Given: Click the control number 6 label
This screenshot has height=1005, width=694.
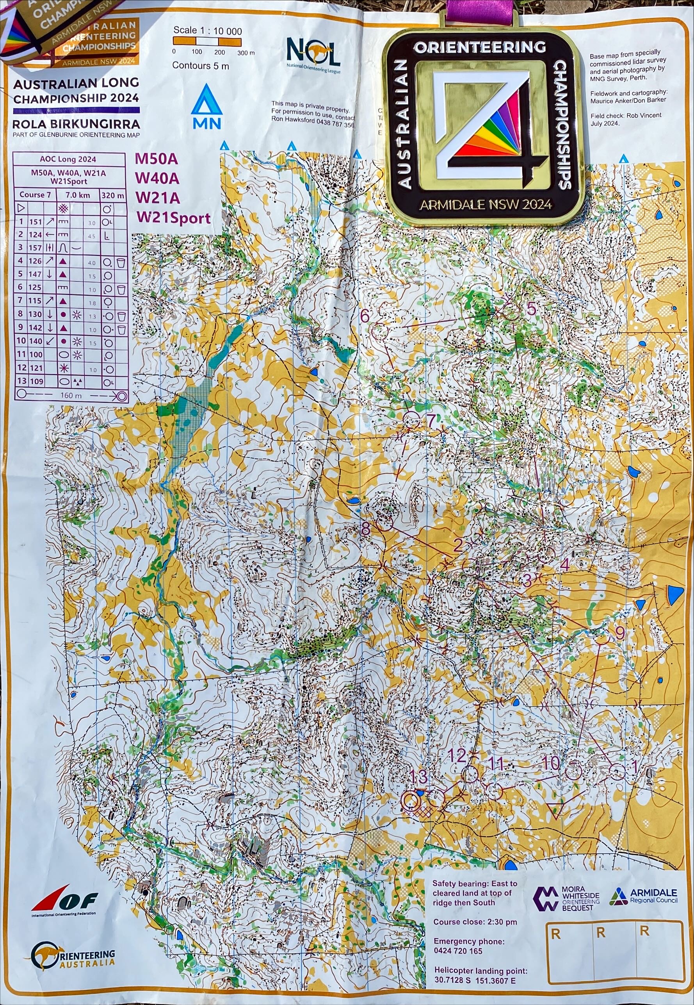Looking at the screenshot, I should [365, 316].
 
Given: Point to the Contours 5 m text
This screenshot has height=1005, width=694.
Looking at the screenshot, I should [201, 66].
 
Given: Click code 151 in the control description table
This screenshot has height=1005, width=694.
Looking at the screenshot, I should [35, 222].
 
